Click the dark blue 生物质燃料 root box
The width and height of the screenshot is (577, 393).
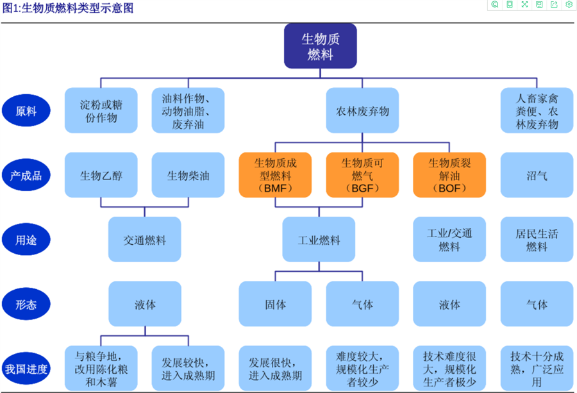(x=321, y=46)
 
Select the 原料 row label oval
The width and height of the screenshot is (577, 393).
(x=26, y=111)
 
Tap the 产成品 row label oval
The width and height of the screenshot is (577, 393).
(x=26, y=175)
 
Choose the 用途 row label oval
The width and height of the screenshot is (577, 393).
(x=26, y=240)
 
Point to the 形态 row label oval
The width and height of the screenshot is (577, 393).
(x=26, y=305)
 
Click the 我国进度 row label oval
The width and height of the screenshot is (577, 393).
(x=26, y=369)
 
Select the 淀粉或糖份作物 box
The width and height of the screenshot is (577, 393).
(x=101, y=111)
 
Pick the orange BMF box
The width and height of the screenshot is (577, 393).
(x=276, y=175)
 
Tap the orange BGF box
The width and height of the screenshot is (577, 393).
(x=362, y=175)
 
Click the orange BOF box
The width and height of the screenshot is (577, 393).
(x=449, y=175)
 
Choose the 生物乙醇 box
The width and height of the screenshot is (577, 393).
(x=101, y=175)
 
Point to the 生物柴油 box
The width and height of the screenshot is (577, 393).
(x=188, y=175)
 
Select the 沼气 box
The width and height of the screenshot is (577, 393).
(x=537, y=175)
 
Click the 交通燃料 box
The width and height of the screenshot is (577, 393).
(x=145, y=240)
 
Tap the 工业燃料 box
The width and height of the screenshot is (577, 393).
(x=319, y=240)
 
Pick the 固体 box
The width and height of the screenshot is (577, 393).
(x=276, y=305)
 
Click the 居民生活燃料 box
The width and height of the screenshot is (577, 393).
(x=537, y=240)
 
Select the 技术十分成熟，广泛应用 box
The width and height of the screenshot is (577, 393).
(x=537, y=369)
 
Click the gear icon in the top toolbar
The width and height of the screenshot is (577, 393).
(x=569, y=4)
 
